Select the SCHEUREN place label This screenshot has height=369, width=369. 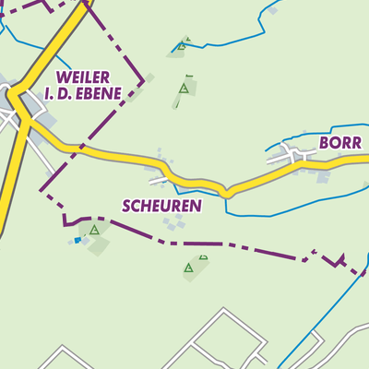[161, 206]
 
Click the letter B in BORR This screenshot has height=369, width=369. [324, 144]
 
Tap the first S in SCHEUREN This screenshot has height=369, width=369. [126, 206]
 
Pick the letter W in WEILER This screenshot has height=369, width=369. [62, 77]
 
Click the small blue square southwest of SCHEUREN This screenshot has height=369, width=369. [77, 241]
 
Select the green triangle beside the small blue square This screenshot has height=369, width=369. [94, 230]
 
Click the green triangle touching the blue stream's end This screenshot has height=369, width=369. [184, 42]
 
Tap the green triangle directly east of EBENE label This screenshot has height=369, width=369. [184, 89]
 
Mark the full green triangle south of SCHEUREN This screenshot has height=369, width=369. [189, 268]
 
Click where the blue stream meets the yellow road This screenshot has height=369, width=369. [225, 193]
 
